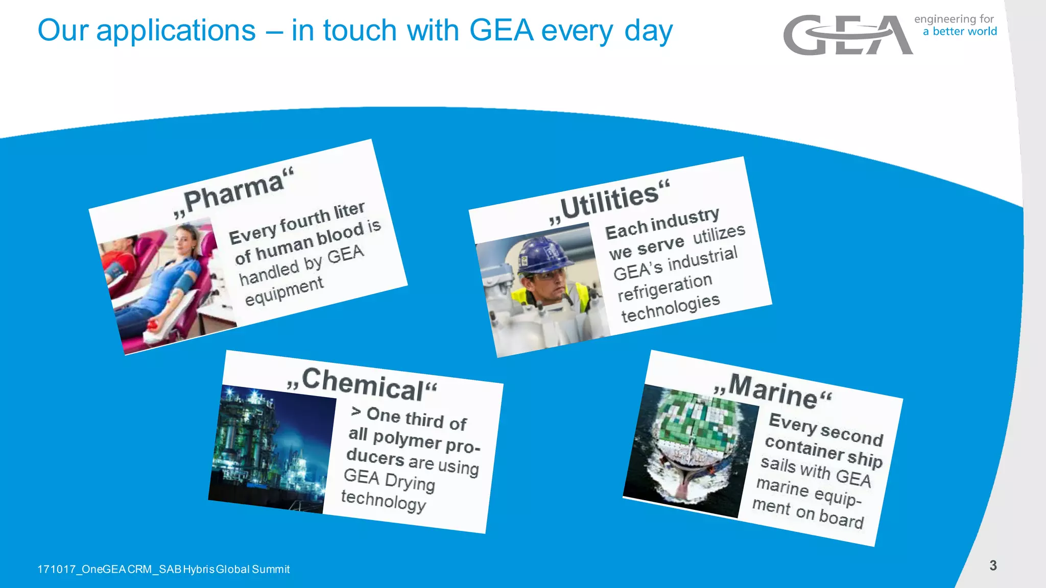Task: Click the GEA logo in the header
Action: (848, 35)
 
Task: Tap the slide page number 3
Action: (993, 566)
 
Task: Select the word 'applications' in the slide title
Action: (176, 31)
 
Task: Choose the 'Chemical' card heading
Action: (363, 384)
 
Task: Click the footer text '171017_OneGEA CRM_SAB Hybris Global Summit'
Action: (163, 569)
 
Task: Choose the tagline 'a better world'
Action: (960, 32)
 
